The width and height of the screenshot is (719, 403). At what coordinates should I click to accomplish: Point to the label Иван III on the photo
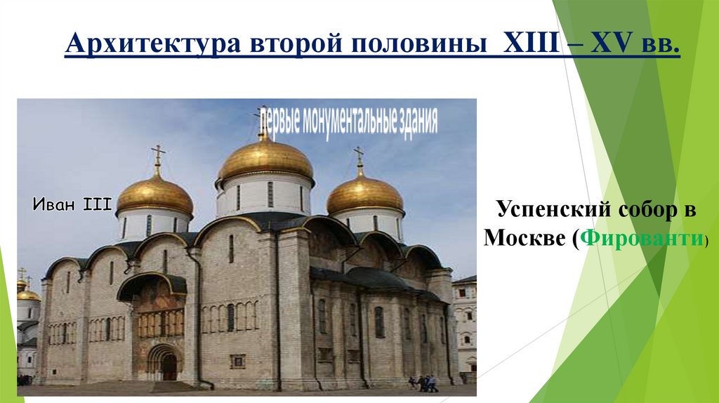pyautogui.click(x=72, y=205)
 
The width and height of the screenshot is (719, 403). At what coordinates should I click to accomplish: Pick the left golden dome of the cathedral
pyautogui.click(x=154, y=194)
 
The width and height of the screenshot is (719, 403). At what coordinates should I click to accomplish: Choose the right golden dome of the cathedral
pyautogui.click(x=365, y=194)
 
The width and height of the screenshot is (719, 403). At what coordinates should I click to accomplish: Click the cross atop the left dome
pyautogui.click(x=158, y=154)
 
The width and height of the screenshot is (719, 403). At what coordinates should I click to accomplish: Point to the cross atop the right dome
pyautogui.click(x=359, y=156)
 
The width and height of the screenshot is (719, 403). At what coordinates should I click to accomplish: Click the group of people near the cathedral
pyautogui.click(x=423, y=383)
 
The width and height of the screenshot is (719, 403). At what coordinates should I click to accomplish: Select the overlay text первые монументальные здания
pyautogui.click(x=348, y=121)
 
